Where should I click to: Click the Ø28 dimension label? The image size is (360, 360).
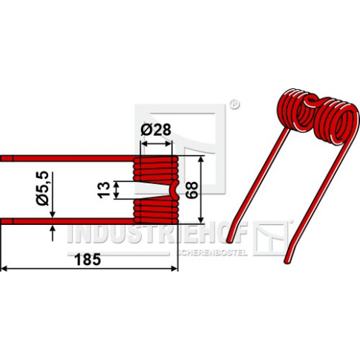(x=156, y=130)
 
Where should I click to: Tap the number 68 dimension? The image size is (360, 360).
(x=192, y=190)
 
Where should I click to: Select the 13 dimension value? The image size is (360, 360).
(x=104, y=190)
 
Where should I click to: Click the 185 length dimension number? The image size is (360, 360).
(x=88, y=260)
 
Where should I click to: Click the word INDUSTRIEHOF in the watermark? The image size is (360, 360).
(x=157, y=233)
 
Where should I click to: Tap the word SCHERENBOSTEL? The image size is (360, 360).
(x=212, y=253)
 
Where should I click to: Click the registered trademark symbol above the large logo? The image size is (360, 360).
(x=235, y=105)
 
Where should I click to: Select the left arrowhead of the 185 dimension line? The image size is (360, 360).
(x=4, y=269)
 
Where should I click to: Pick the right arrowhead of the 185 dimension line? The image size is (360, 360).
(x=174, y=269)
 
